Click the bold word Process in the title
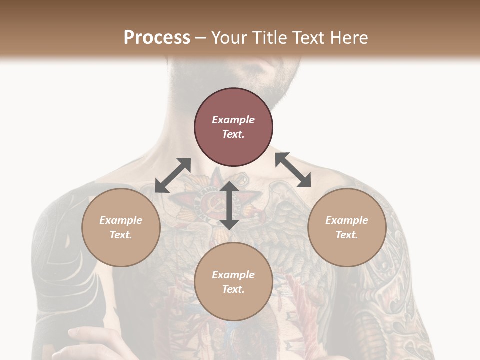157,38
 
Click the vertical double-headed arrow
229,205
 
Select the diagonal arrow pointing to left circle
173,175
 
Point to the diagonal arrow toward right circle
293,170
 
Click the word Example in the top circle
233,120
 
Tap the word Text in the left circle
121,235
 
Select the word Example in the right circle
347,220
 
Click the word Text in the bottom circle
233,289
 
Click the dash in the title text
201,38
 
